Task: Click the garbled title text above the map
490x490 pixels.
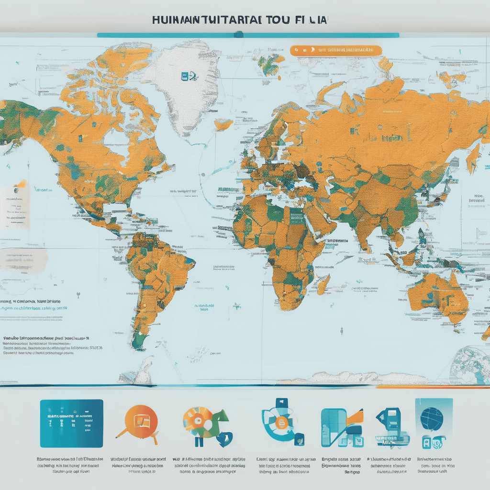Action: pyautogui.click(x=240, y=21)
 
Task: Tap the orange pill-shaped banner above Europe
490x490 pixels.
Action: pyautogui.click(x=335, y=50)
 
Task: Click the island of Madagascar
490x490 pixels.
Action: pyautogui.click(x=324, y=286)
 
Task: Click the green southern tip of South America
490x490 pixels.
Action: pyautogui.click(x=139, y=341)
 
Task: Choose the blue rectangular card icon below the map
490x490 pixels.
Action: pyautogui.click(x=71, y=417)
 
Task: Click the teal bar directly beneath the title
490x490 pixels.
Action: pyautogui.click(x=247, y=35)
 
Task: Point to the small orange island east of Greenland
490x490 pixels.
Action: pyautogui.click(x=223, y=124)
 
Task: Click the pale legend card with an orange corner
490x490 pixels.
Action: pyautogui.click(x=14, y=206)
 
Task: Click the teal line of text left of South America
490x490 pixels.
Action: pyautogui.click(x=33, y=310)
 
